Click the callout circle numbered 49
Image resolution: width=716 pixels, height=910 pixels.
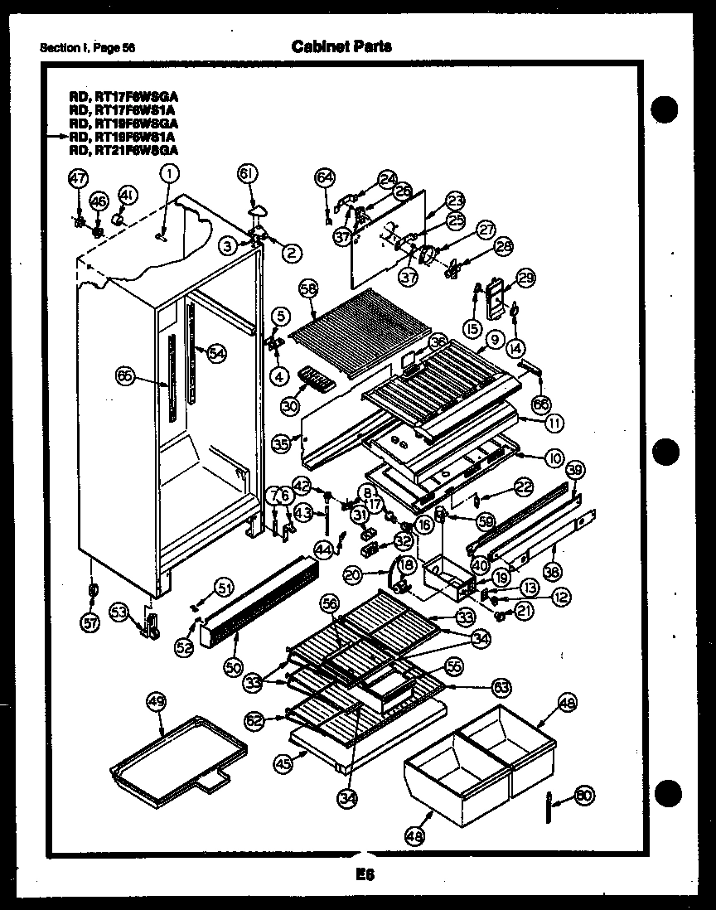click(x=156, y=702)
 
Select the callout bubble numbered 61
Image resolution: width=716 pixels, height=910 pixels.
click(x=247, y=174)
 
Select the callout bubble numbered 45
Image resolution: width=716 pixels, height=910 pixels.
click(x=283, y=765)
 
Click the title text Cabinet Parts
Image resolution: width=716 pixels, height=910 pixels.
click(x=341, y=46)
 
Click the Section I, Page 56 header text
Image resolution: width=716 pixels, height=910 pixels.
click(x=88, y=47)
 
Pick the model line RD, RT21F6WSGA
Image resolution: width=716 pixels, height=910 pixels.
click(x=123, y=150)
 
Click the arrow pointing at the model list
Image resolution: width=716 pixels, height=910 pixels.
click(x=58, y=133)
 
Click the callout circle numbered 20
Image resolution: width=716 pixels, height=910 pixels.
click(x=353, y=574)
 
